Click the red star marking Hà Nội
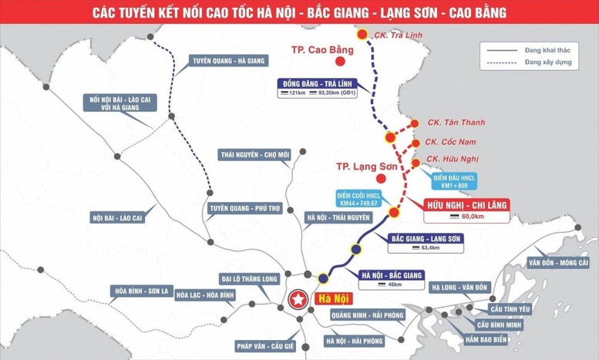(296, 299)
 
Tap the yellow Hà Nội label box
(333, 299)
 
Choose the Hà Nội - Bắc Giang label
(392, 274)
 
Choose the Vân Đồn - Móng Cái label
(559, 263)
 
